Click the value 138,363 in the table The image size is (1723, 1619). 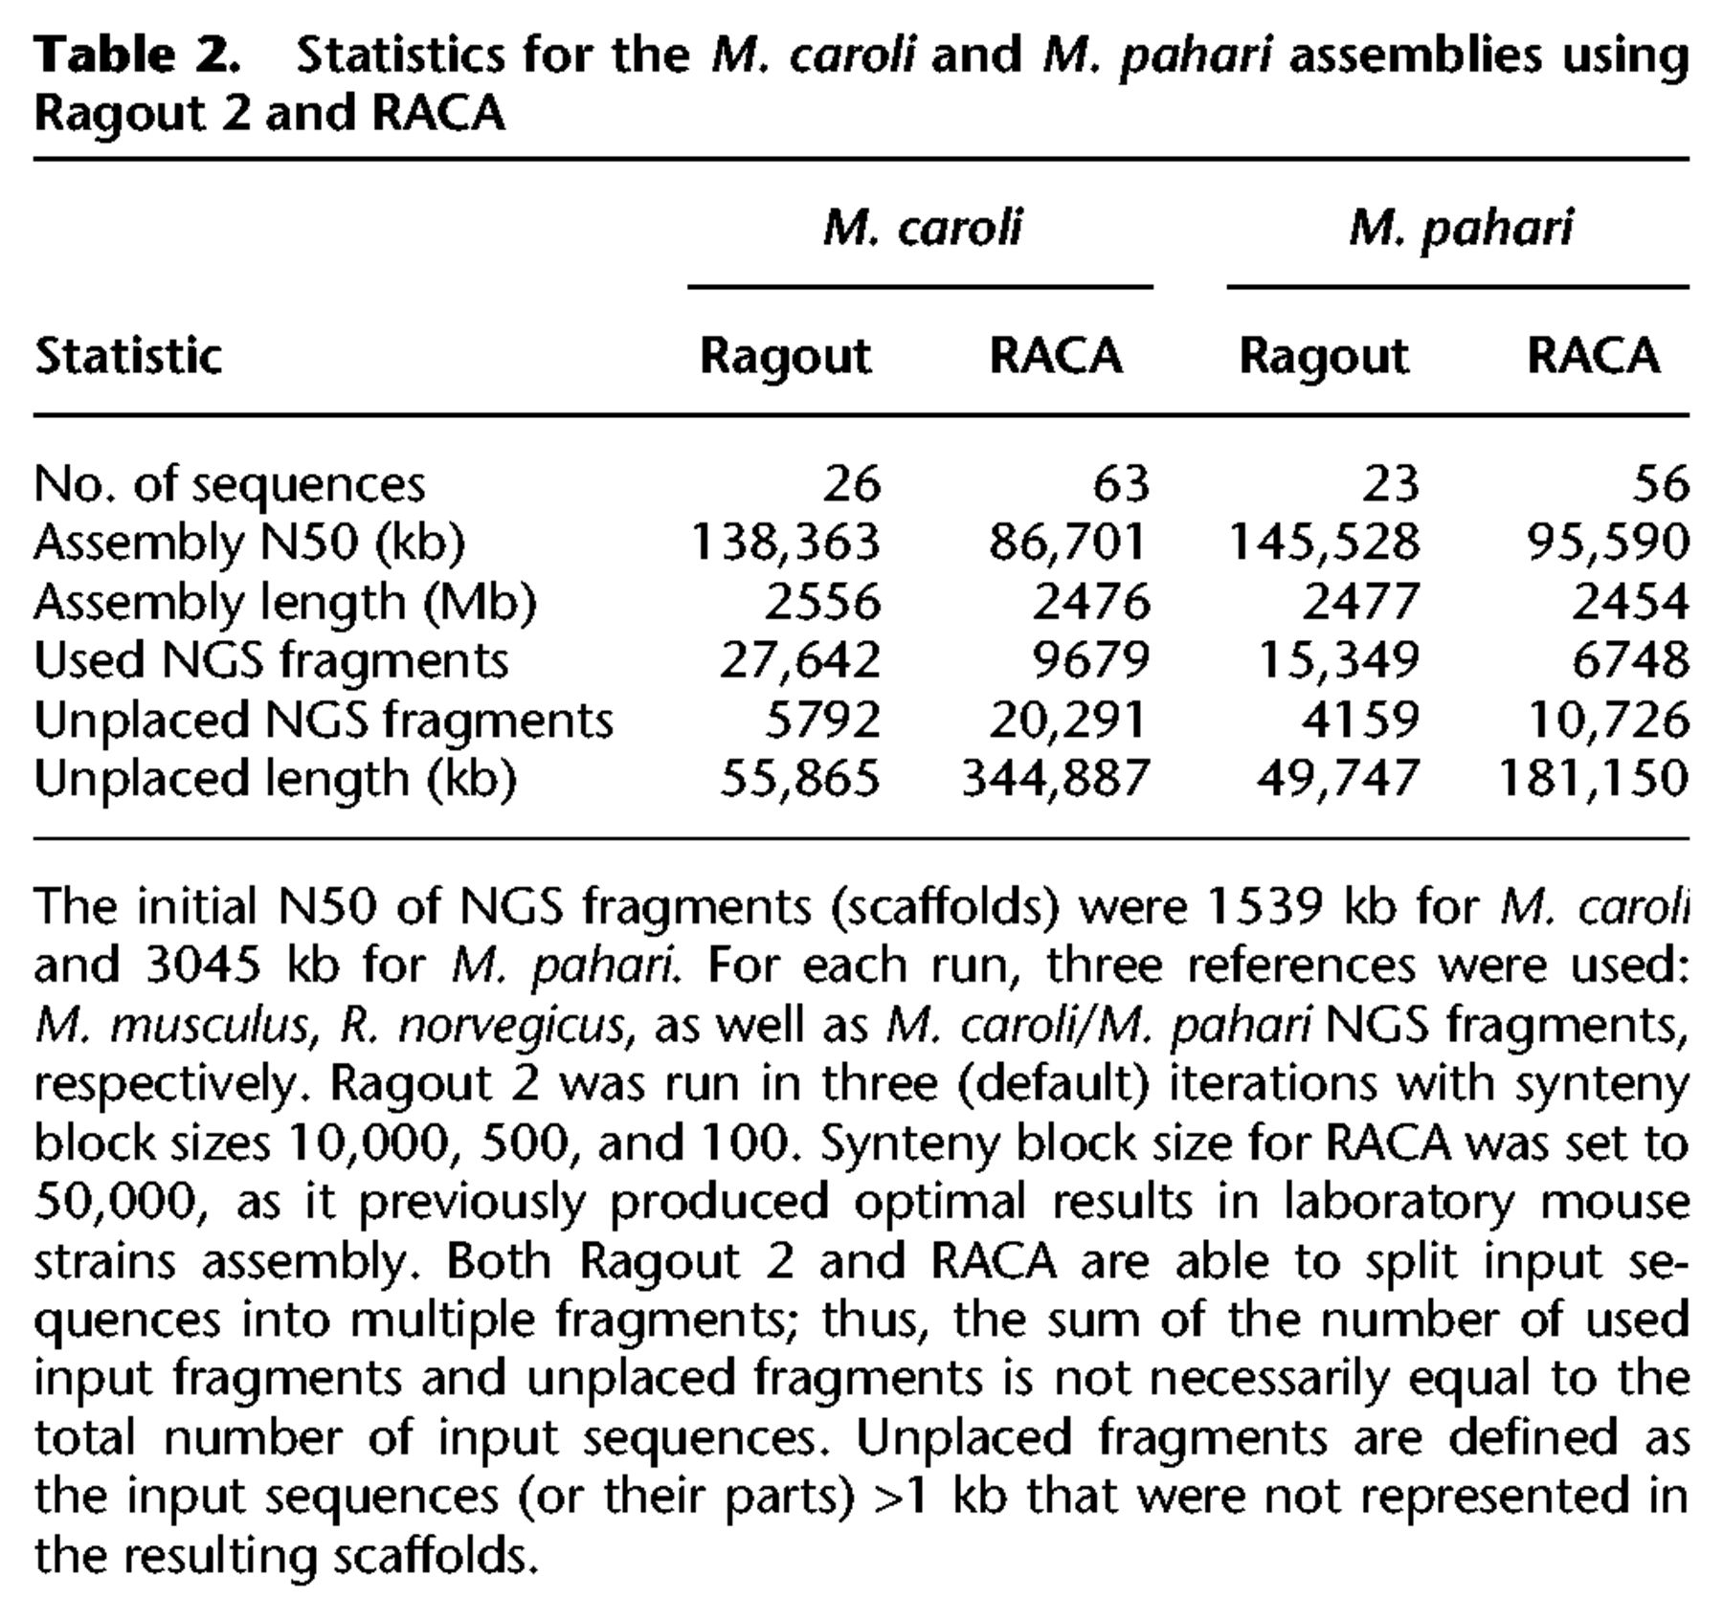[785, 542]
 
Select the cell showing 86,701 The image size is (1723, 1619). [1067, 542]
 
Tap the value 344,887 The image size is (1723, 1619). [1055, 777]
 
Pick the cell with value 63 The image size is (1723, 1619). [1121, 483]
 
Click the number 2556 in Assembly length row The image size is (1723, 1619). [822, 601]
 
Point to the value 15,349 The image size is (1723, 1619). [1338, 660]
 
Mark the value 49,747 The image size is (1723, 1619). [1338, 777]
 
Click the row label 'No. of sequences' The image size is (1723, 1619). [229, 483]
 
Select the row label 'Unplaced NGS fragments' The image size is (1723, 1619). [324, 719]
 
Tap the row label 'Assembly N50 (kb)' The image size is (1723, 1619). [249, 543]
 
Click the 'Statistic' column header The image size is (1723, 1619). [128, 356]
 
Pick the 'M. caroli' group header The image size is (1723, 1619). [922, 228]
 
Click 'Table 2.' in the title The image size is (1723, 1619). [137, 55]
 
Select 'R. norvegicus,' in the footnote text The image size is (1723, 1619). [487, 1024]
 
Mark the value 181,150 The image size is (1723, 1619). [1594, 777]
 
